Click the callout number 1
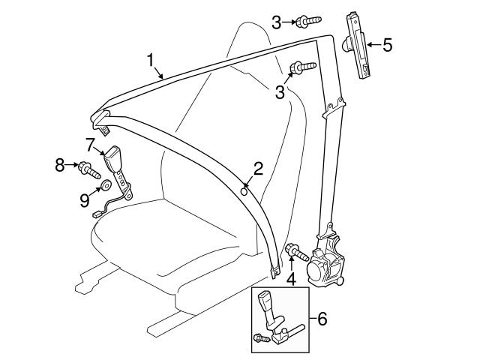pyautogui.click(x=151, y=59)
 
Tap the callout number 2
pyautogui.click(x=258, y=169)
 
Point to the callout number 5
pyautogui.click(x=387, y=45)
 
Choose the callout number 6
pyautogui.click(x=322, y=319)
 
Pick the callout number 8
pyautogui.click(x=61, y=163)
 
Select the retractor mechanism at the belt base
pyautogui.click(x=330, y=262)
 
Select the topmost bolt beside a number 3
pyautogui.click(x=307, y=22)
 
